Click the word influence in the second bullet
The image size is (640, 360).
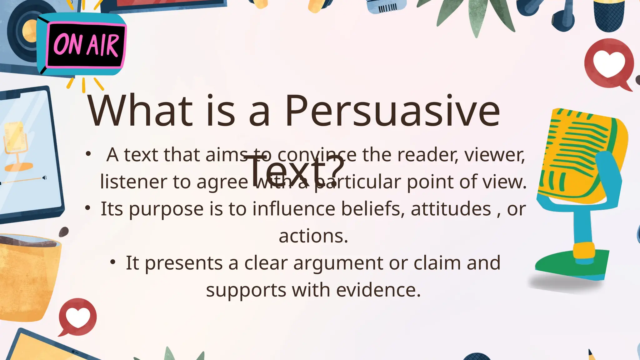point(294,209)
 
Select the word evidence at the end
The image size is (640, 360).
point(378,290)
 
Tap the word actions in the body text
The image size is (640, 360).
point(313,236)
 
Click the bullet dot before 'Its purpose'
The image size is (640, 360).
point(88,207)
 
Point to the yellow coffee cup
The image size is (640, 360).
point(28,275)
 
